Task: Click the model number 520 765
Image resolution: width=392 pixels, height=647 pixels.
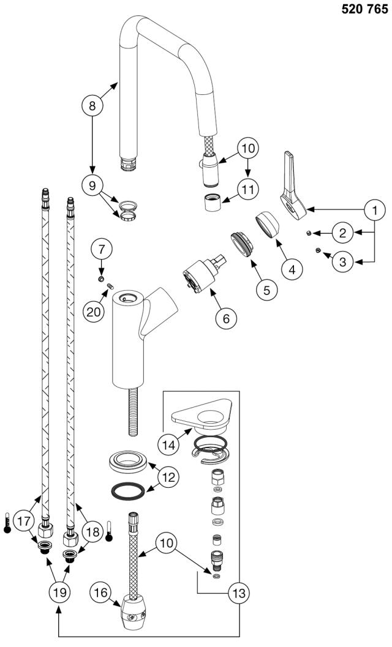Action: (364, 10)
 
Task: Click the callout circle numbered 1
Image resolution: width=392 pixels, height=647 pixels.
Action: (375, 211)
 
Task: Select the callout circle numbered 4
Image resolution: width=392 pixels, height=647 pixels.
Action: (292, 270)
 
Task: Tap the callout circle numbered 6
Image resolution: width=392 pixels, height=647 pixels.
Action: (226, 318)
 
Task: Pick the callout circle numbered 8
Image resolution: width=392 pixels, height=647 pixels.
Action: (92, 106)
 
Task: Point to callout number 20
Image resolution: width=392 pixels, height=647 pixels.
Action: (93, 312)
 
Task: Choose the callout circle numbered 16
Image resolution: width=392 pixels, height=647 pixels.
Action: (101, 593)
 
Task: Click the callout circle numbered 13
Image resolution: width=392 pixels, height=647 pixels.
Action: (239, 593)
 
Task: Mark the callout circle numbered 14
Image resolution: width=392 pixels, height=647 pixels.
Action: (168, 445)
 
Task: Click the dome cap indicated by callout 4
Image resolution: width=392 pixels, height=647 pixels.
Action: (266, 225)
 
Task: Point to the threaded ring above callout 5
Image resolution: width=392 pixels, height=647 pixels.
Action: (240, 244)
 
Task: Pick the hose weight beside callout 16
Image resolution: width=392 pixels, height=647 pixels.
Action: (134, 615)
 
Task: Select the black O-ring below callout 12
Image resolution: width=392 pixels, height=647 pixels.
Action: (129, 491)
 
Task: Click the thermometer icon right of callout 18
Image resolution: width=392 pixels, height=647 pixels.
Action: (108, 531)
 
